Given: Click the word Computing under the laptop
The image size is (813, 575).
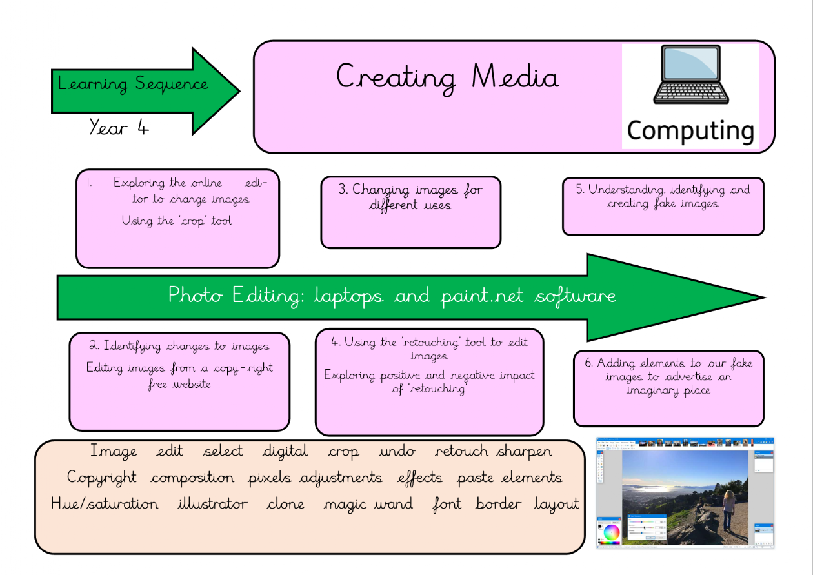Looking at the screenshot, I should point(690,131).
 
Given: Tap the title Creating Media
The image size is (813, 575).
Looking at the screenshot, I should point(447,77).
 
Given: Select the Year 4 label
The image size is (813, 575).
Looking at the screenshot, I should point(119,128).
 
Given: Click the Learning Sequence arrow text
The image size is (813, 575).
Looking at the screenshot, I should point(133,85).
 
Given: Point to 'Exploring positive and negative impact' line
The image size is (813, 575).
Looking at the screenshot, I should point(429,375).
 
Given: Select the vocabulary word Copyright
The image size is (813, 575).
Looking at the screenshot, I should point(102,478).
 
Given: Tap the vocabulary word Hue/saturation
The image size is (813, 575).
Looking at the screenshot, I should point(105,504).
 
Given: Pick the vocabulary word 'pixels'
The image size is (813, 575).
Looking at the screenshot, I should point(269,478).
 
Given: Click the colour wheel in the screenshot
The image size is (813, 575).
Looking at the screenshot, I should point(611,533).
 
